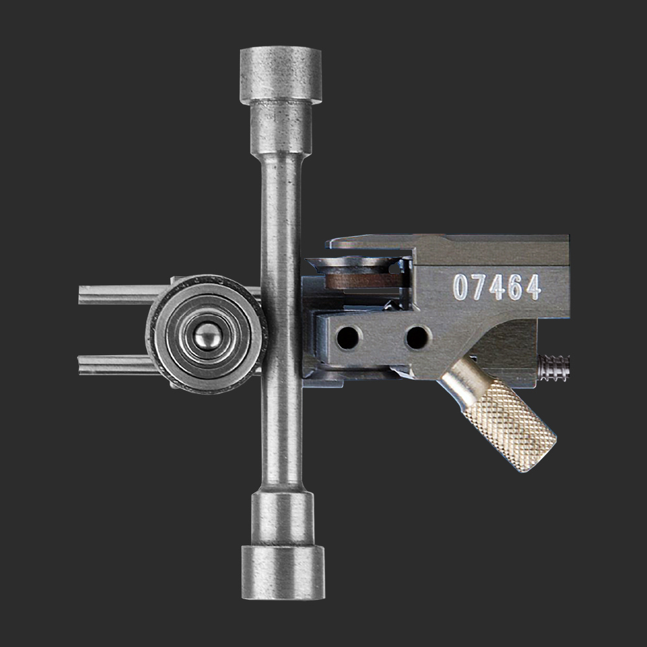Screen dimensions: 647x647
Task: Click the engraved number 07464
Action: pyautogui.click(x=497, y=287)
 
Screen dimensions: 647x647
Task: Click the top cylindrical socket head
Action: pyautogui.click(x=281, y=74)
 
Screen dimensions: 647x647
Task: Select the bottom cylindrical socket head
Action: pyautogui.click(x=283, y=573)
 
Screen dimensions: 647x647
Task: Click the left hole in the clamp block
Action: pyautogui.click(x=348, y=338)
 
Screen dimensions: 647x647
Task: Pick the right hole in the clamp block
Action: pyautogui.click(x=417, y=338)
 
